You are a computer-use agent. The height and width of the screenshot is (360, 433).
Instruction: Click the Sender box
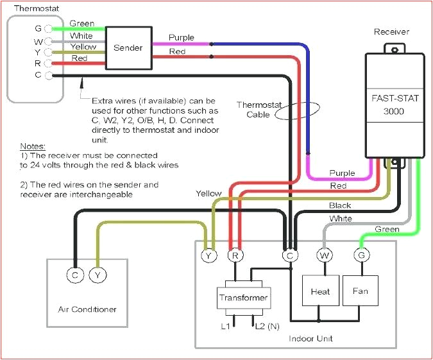point(128,48)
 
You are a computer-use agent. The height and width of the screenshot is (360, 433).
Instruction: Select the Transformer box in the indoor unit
point(243,298)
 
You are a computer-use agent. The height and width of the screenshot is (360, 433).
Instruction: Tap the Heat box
point(320,292)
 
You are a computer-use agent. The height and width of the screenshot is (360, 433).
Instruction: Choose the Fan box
point(360,291)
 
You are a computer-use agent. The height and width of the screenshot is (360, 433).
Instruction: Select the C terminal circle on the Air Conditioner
point(76,276)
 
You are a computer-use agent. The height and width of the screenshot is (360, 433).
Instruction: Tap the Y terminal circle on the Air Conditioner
point(98,276)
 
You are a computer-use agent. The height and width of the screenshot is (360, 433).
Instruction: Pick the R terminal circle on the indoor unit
point(235,255)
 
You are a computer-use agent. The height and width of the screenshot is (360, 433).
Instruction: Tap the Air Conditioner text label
point(83,309)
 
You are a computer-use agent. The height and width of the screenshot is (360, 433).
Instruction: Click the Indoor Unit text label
point(310,338)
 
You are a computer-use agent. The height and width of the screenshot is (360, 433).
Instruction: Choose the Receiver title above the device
point(391,31)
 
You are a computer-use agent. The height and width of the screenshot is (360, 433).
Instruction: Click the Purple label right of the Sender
point(181,38)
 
